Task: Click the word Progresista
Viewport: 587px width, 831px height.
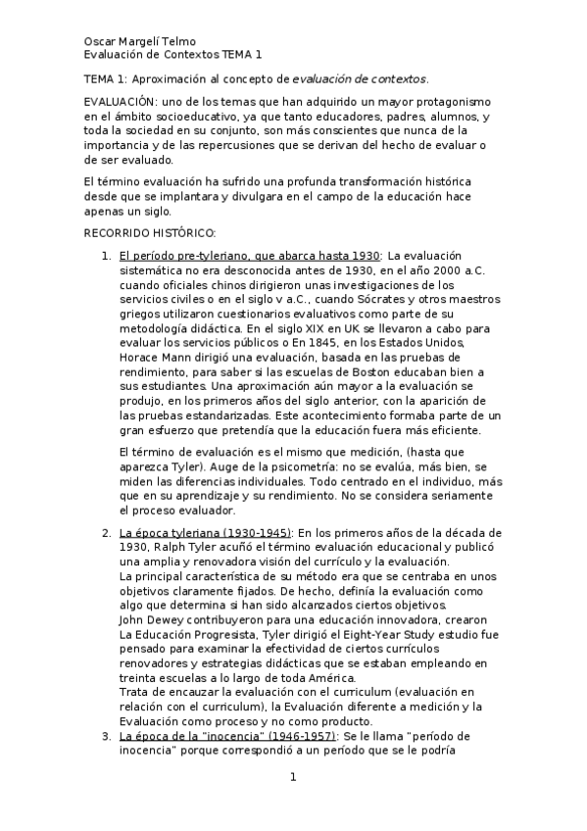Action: click(x=217, y=634)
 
